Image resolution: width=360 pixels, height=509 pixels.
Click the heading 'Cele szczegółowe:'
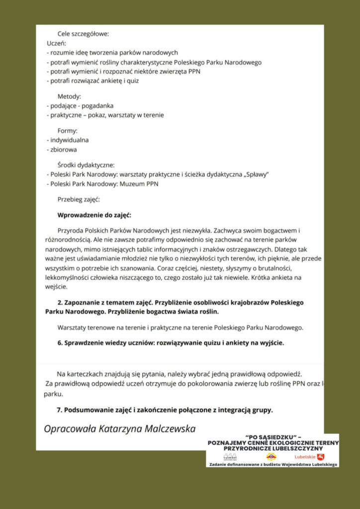[83, 34]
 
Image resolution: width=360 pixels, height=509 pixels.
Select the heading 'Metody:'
[69, 96]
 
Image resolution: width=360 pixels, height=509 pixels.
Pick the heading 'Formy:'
[68, 131]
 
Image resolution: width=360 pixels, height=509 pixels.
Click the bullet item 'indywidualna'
[69, 140]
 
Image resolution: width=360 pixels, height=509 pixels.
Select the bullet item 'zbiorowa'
[63, 149]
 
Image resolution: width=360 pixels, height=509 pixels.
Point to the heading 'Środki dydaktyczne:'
[86, 165]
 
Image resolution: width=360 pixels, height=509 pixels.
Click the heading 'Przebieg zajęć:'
[78, 200]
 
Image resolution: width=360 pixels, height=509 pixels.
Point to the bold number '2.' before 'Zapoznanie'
[60, 302]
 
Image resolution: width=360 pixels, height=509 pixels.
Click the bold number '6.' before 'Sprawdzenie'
[60, 342]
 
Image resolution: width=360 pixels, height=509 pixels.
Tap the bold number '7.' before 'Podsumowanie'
[60, 410]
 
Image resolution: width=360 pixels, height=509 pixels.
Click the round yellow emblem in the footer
[271, 456]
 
